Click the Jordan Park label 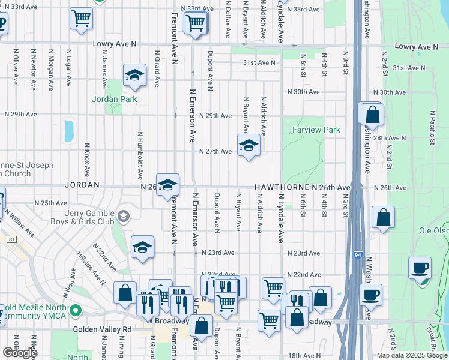tap(115, 99)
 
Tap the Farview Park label tap(316, 130)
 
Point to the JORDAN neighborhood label tap(82, 186)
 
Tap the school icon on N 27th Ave tap(249, 146)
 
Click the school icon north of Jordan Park tap(135, 76)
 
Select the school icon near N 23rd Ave tap(142, 247)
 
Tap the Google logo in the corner tap(20, 353)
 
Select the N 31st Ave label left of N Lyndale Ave tap(259, 62)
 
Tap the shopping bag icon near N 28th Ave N tap(372, 114)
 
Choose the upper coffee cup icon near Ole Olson tap(420, 268)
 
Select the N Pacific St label tap(432, 127)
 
